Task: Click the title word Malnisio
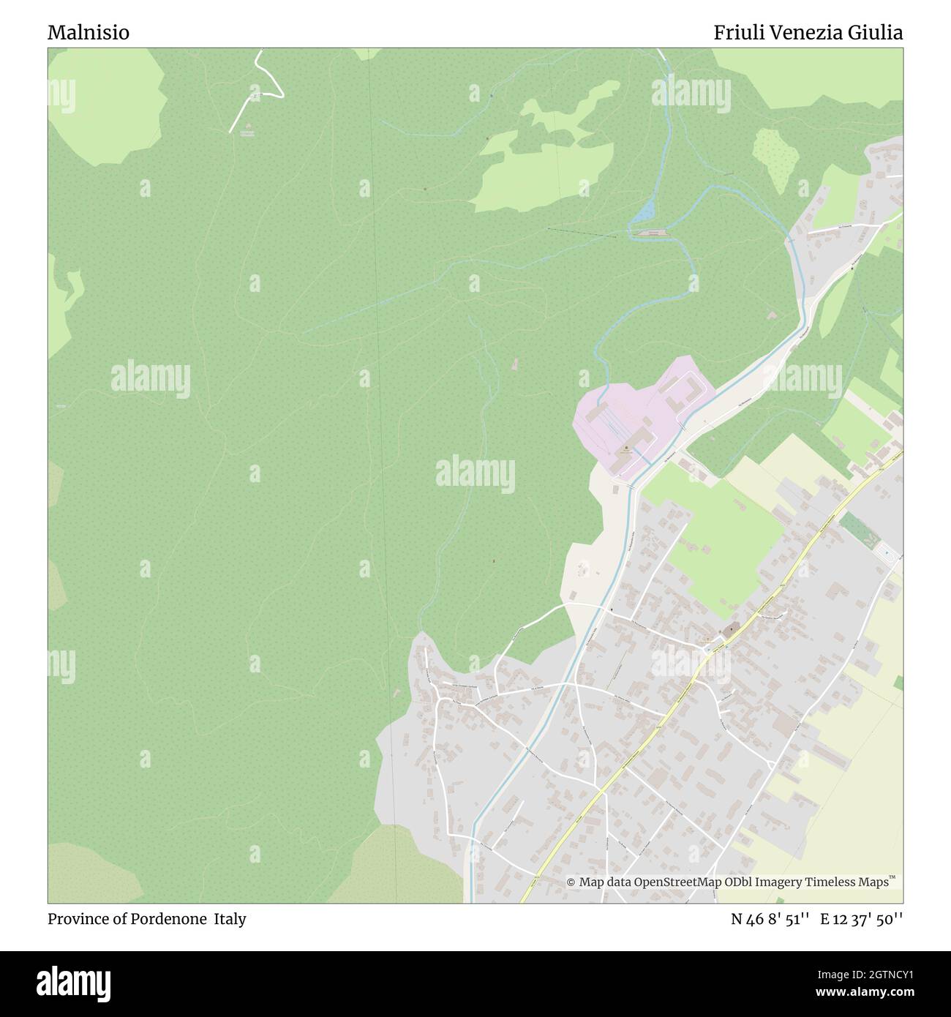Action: (89, 33)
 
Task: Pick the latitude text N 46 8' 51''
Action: (769, 920)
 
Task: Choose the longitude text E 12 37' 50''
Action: (861, 920)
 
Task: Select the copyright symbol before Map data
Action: (571, 882)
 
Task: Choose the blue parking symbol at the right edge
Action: (887, 554)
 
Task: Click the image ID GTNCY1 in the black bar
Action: (884, 974)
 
